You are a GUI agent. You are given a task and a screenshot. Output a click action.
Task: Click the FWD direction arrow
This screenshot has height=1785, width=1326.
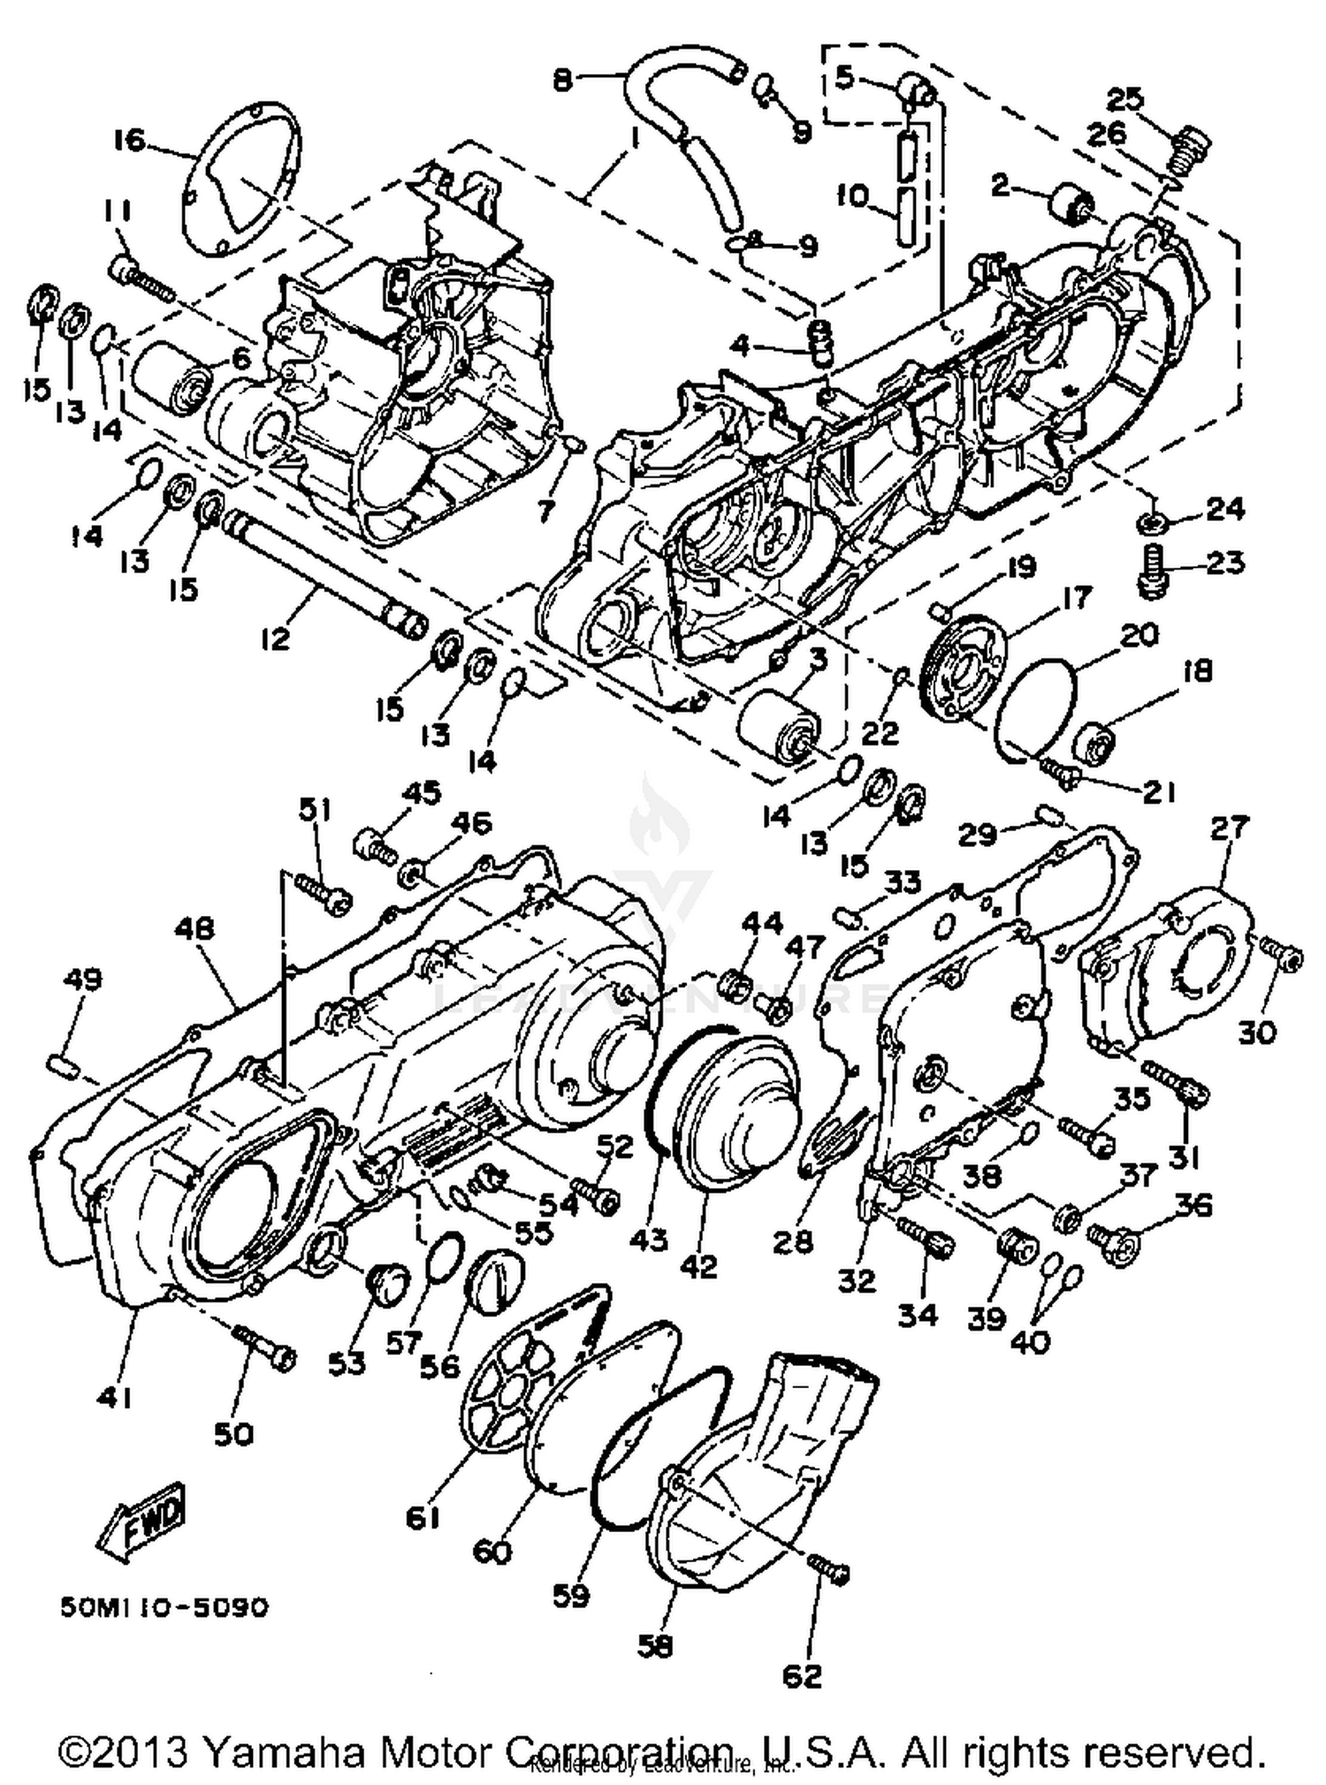[x=142, y=1520]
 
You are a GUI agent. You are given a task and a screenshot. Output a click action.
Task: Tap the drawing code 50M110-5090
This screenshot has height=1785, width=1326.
[x=164, y=1606]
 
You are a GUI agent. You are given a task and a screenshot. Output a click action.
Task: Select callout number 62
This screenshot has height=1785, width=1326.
[x=802, y=1674]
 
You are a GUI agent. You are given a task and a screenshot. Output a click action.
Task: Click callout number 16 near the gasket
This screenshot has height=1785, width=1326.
[x=129, y=140]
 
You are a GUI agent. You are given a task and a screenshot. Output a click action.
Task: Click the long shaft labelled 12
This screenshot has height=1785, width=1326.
[x=318, y=567]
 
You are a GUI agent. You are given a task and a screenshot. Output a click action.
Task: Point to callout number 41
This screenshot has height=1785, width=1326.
[x=116, y=1398]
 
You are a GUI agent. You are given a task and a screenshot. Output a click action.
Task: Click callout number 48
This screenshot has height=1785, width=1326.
[x=194, y=929]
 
